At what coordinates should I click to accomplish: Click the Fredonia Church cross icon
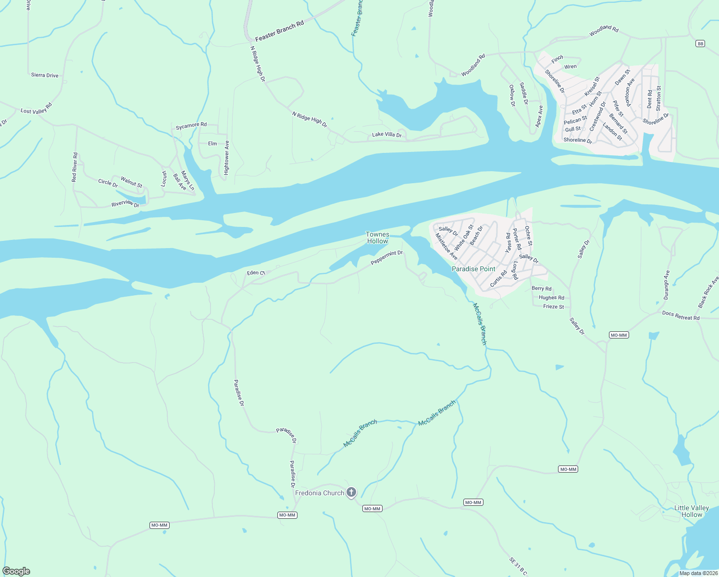(351, 492)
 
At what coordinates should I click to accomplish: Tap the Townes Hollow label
(377, 238)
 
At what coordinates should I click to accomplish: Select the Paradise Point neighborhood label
(473, 269)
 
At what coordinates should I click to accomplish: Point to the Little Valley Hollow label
(692, 511)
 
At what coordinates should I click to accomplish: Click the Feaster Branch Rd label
(279, 31)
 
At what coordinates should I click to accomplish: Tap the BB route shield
(700, 44)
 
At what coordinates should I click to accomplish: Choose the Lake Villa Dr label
(386, 135)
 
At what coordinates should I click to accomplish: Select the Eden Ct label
(256, 273)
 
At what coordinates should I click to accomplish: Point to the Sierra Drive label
(45, 75)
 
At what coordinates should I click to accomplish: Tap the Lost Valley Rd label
(36, 108)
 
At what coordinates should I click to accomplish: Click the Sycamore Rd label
(191, 125)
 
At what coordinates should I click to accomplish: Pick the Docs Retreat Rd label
(681, 315)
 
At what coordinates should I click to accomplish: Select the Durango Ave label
(667, 285)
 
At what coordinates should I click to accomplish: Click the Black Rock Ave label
(708, 292)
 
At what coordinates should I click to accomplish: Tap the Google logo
(16, 571)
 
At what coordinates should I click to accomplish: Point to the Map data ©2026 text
(698, 573)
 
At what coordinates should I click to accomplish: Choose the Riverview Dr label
(125, 204)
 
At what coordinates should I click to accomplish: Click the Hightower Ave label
(227, 157)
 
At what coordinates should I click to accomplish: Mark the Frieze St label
(553, 306)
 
